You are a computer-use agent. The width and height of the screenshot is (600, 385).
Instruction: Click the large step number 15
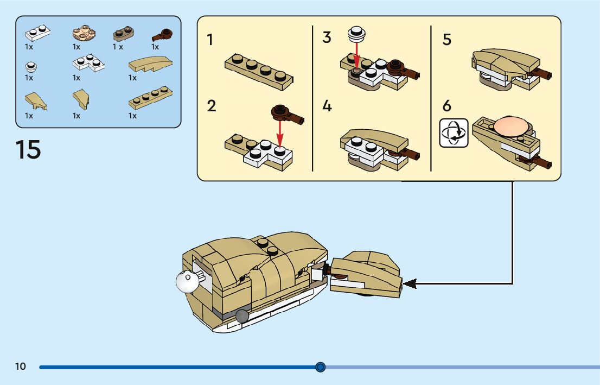tap(28, 149)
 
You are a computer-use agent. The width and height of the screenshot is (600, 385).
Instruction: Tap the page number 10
tap(20, 366)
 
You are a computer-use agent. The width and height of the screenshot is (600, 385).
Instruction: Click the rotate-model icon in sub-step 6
tap(454, 133)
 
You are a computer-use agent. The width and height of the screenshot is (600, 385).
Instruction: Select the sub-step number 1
tap(210, 40)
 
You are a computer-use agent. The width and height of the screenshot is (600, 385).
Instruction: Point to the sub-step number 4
tap(327, 106)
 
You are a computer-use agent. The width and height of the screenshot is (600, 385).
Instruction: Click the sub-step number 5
tap(447, 40)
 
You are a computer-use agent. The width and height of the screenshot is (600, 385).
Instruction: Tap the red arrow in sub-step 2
tap(280, 135)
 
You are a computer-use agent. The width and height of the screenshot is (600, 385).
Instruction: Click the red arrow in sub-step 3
tap(356, 55)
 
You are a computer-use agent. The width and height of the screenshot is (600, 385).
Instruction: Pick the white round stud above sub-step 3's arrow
tap(356, 34)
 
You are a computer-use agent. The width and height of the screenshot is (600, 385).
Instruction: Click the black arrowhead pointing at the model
tap(409, 284)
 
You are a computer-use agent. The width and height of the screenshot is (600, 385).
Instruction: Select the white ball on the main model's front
tap(187, 282)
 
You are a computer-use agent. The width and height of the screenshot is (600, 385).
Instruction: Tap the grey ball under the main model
tap(242, 316)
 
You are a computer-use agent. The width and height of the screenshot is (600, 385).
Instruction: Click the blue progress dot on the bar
tap(321, 367)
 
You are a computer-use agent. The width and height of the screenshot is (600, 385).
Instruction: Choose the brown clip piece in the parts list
tap(162, 35)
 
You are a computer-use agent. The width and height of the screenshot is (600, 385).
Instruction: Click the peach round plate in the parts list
tap(84, 33)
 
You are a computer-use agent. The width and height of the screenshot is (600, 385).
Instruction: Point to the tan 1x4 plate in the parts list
tap(150, 98)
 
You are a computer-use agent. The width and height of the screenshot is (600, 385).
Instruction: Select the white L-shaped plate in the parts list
tap(89, 63)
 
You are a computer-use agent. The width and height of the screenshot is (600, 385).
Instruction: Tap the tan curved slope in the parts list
tap(150, 65)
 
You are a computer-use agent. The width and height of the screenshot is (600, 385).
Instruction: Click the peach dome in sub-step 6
tap(511, 127)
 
